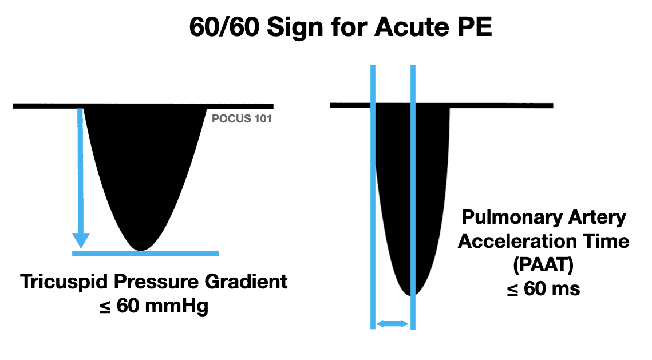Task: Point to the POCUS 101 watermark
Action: pyautogui.click(x=242, y=120)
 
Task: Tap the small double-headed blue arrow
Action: pyautogui.click(x=392, y=324)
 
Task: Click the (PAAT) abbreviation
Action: pyautogui.click(x=543, y=265)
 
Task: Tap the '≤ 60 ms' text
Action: pyautogui.click(x=543, y=288)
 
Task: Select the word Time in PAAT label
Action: pyautogui.click(x=604, y=241)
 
